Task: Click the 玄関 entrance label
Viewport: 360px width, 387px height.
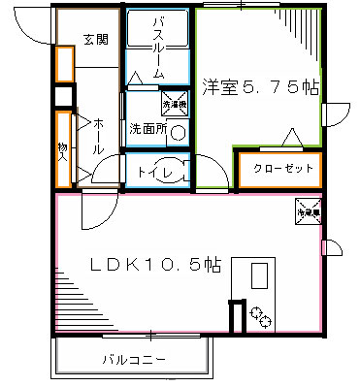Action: (94, 40)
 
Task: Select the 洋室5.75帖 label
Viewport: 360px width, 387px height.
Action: (259, 87)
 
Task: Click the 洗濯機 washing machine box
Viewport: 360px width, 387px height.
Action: (172, 102)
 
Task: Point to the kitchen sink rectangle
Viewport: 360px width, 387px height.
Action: (259, 276)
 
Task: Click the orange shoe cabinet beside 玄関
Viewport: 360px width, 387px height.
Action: (64, 62)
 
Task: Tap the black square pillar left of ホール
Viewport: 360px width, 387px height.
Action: (64, 96)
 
